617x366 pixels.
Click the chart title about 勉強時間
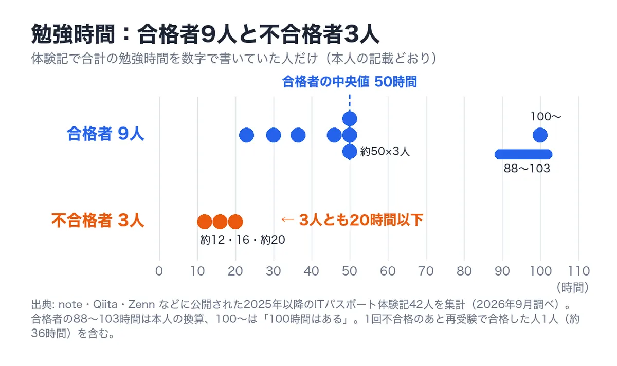[205, 34]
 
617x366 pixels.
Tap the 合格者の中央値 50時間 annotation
[350, 82]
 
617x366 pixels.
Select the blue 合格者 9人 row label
[105, 134]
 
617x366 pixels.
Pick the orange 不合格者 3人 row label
[98, 221]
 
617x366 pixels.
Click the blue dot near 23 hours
[246, 135]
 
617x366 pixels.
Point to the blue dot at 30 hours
[274, 135]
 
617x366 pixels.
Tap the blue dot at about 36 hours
[298, 135]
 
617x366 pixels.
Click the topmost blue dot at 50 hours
[350, 119]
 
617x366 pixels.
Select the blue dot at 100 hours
[540, 135]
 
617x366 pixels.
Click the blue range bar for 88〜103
[523, 154]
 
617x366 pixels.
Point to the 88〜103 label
[527, 169]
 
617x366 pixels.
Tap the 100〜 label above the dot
[546, 117]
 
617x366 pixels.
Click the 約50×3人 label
[385, 151]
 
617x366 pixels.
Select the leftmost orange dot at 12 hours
[205, 222]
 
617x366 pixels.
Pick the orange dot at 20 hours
[235, 222]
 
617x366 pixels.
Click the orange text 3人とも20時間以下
[361, 220]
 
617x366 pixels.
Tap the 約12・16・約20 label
[243, 240]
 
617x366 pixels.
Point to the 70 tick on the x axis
[426, 271]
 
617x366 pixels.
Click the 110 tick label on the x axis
[579, 271]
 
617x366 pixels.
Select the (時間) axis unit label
[572, 288]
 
